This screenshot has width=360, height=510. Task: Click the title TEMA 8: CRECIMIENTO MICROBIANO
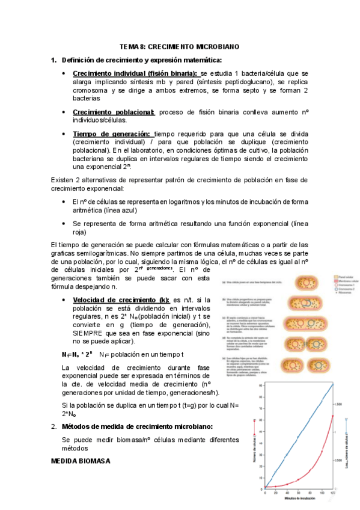(180, 46)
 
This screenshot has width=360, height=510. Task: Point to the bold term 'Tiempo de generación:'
(112, 134)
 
